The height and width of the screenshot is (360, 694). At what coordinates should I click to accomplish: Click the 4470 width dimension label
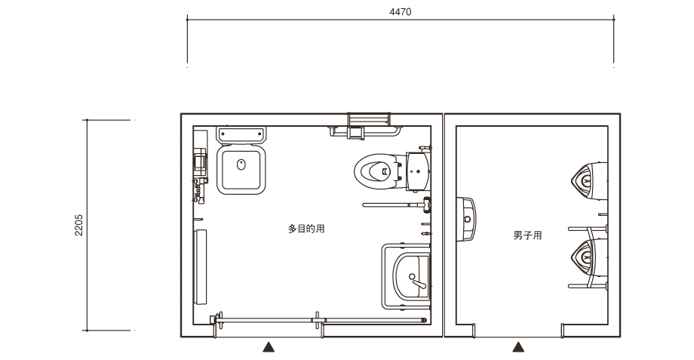click(400, 12)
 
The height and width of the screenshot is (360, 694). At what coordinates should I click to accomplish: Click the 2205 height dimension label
click(78, 225)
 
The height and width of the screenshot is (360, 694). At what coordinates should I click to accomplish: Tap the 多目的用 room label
click(306, 229)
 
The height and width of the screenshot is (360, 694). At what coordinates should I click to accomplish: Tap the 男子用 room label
click(527, 235)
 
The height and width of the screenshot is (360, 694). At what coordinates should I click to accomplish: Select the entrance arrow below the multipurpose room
click(269, 346)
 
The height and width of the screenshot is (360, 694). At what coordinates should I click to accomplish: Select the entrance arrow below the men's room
click(518, 346)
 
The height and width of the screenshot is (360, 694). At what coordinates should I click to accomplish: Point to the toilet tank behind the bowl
click(418, 171)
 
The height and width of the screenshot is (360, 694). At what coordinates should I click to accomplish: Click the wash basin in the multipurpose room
click(412, 276)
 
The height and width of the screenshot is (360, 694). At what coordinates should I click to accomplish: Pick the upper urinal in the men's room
click(589, 180)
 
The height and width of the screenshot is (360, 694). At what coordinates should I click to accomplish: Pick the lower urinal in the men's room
click(589, 257)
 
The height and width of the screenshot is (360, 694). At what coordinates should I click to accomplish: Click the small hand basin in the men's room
click(466, 219)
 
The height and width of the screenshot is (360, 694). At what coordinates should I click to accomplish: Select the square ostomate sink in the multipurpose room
click(241, 169)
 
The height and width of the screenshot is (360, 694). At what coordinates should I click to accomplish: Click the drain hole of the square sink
click(241, 165)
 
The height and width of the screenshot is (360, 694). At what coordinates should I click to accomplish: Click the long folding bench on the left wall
click(201, 267)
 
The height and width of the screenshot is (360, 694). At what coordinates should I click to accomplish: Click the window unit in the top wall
click(369, 119)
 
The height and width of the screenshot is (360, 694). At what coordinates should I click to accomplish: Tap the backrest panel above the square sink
click(241, 134)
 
